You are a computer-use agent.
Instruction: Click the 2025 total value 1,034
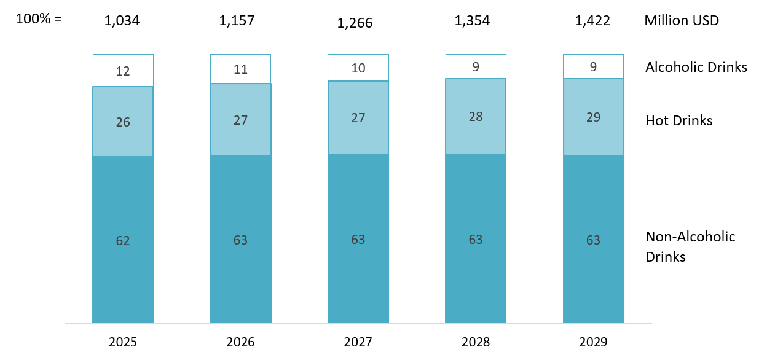point(122,20)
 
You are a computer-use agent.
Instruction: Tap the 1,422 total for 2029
point(592,20)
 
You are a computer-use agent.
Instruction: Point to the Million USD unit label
point(682,20)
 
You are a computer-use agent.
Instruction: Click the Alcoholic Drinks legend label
point(696,67)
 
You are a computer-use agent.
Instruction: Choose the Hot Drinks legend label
point(678,120)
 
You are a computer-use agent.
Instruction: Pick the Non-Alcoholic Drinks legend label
point(690,246)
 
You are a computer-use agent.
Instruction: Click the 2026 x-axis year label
point(240,342)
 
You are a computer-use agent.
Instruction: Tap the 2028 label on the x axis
point(475,342)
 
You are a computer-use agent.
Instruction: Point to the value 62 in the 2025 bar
point(123,240)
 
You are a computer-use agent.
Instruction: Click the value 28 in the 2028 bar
point(475,117)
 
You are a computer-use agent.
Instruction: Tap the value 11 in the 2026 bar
point(240,69)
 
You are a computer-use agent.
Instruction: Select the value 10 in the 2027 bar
point(358,68)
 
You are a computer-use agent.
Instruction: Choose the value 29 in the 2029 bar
point(593,117)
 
